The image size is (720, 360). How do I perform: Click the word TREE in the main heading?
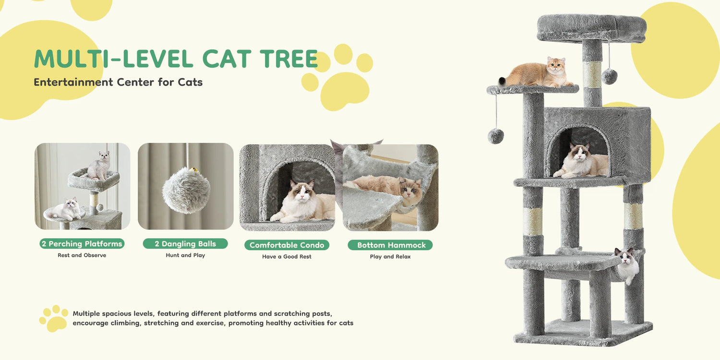288,59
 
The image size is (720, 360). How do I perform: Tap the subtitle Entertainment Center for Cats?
118,82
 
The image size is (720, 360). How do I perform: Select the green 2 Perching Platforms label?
82,244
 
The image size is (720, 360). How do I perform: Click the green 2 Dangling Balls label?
185,244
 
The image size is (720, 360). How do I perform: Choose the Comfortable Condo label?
287,245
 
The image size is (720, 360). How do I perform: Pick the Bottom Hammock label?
391,245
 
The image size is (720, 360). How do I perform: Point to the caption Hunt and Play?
185,255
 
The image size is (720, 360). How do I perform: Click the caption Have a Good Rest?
287,257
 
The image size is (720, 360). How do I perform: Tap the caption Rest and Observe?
82,255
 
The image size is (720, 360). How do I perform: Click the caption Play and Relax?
390,257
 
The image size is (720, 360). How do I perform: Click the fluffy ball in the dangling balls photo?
186,190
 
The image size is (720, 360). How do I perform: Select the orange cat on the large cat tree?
538,73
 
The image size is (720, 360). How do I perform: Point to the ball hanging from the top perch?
609,76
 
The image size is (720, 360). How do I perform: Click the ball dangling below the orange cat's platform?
496,136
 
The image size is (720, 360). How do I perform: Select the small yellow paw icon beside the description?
54,318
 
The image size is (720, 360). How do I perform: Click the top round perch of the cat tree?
591,27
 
